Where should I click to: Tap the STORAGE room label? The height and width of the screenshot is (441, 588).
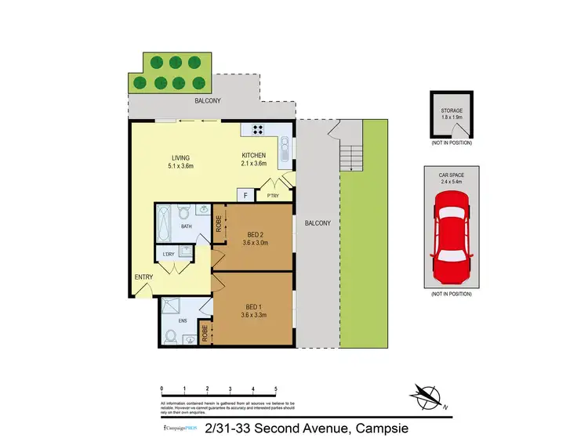[x=451, y=110]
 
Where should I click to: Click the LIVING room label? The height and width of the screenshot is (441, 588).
[x=180, y=155]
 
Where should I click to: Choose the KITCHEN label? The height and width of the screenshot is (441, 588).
[x=254, y=155]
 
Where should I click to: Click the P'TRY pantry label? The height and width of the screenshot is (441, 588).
[x=273, y=196]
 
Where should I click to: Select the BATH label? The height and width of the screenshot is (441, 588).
[x=186, y=226]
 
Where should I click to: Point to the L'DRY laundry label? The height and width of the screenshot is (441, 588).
[x=168, y=254]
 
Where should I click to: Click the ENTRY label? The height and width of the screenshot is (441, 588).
[x=143, y=277]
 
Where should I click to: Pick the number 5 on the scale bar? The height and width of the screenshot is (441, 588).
[x=275, y=389]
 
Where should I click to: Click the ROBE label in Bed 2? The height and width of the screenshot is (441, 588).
[x=219, y=226]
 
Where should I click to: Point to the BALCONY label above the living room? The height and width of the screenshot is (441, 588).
[x=209, y=101]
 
